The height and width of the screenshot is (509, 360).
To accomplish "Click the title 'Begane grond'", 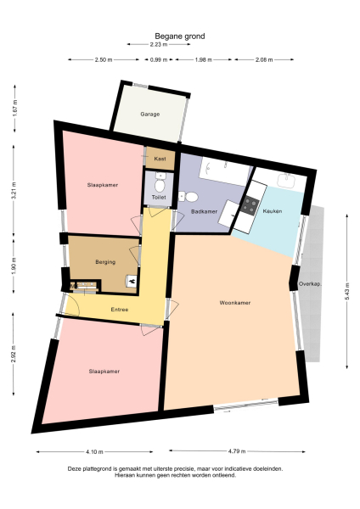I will (x=179, y=36).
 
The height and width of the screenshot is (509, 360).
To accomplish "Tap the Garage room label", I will (x=150, y=114).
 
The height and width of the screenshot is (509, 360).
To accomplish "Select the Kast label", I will (x=160, y=159).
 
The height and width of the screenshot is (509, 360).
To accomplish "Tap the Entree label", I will (x=120, y=310).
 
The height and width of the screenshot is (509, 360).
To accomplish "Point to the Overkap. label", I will (x=310, y=284).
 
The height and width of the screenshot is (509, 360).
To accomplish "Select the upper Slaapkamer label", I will (x=103, y=184).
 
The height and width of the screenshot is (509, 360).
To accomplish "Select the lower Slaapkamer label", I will (x=104, y=372).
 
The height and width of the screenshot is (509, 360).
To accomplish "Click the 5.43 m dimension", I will (x=347, y=289).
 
